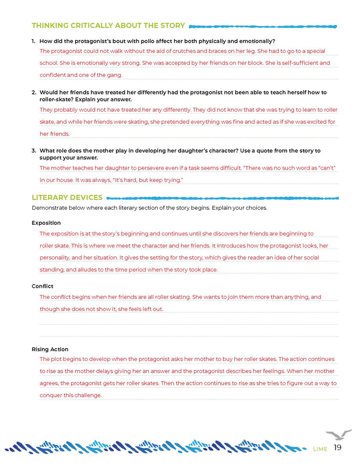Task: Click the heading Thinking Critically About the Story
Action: tap(108, 26)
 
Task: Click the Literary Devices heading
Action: tap(67, 197)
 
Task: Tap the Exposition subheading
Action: tap(46, 223)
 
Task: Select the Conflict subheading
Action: tap(43, 286)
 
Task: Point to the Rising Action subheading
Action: tap(50, 349)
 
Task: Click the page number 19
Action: tap(338, 448)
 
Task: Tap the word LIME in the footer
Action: tap(320, 449)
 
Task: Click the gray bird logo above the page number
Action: tap(338, 435)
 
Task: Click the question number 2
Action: tap(34, 93)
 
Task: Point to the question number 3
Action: tap(34, 150)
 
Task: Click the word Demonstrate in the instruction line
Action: tap(50, 208)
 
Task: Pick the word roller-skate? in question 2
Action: tap(57, 100)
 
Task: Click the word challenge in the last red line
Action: tap(87, 395)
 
